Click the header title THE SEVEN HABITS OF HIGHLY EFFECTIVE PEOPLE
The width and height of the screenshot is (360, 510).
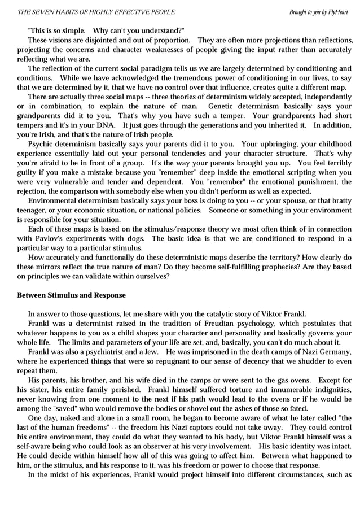coord(96,12)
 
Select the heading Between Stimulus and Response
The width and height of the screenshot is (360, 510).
coord(72,295)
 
